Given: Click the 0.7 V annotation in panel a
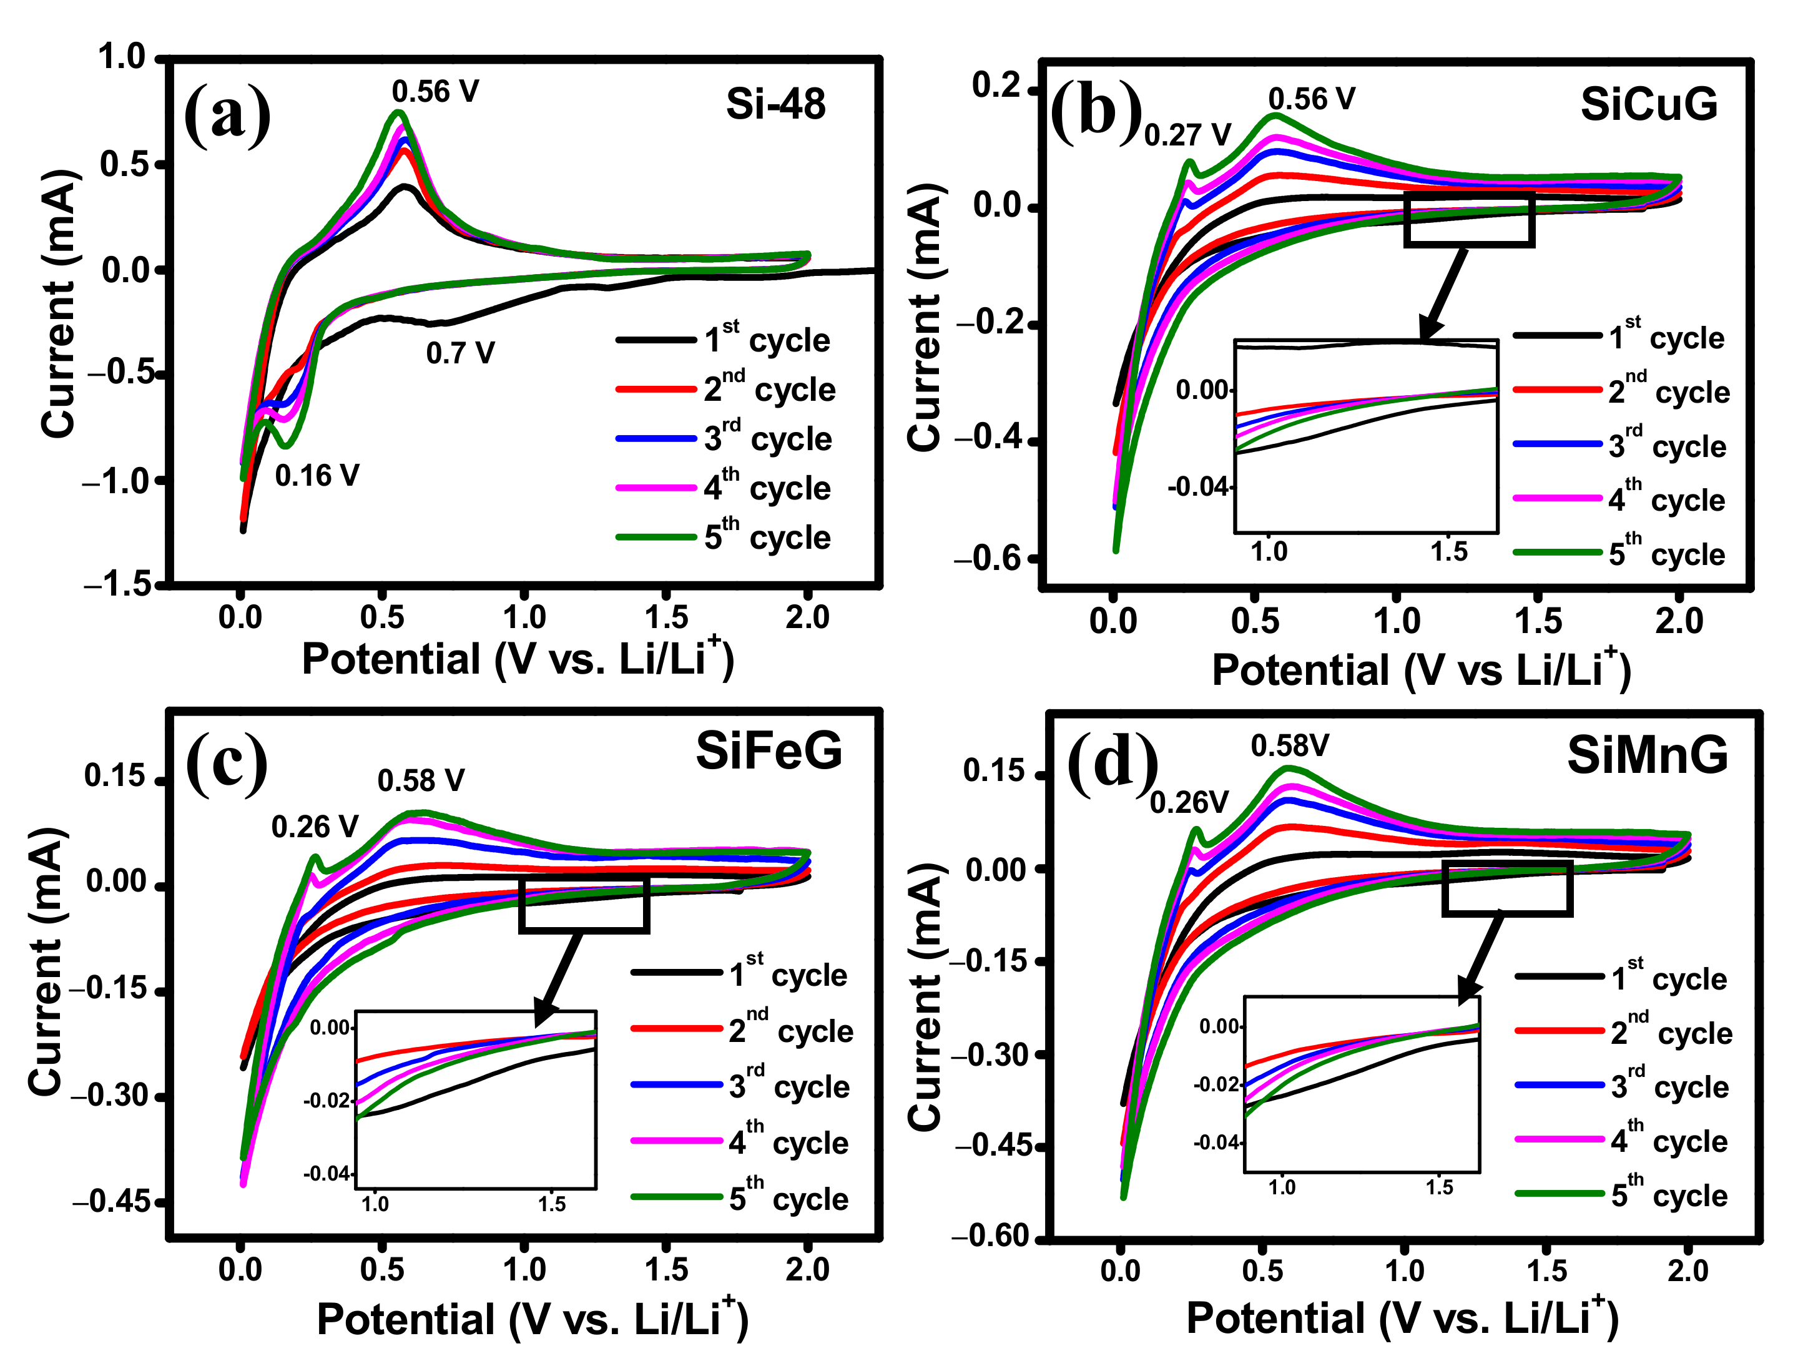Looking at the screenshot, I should [x=459, y=353].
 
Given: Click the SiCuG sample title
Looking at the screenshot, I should [x=1648, y=104].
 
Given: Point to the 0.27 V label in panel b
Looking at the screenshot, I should [x=1187, y=135].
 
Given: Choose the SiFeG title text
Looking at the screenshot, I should [x=769, y=752].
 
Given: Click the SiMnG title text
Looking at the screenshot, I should [x=1647, y=755].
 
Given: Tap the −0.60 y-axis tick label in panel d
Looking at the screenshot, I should [x=991, y=1236].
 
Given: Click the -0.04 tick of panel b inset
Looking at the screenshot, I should [x=1198, y=487].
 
